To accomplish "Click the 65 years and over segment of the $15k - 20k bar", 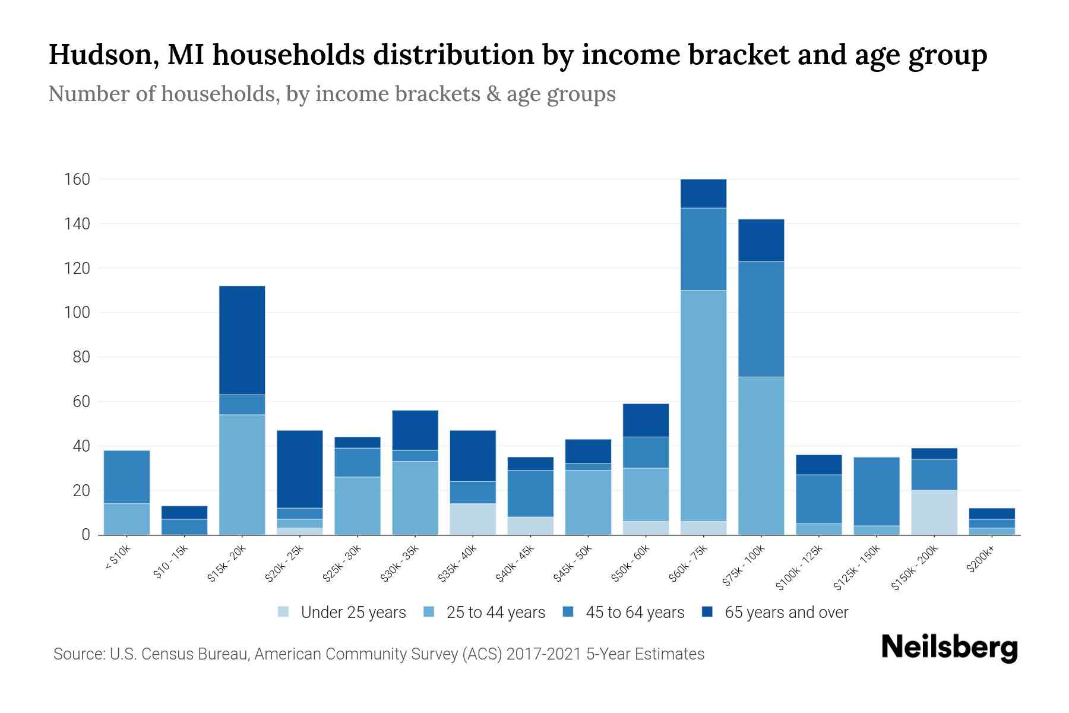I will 242,340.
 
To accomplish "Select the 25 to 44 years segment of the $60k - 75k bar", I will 703,405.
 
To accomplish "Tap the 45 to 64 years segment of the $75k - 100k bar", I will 761,319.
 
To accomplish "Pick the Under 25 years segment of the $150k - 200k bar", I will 934,512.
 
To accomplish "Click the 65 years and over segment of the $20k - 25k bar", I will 299,469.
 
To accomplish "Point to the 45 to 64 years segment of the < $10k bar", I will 126,477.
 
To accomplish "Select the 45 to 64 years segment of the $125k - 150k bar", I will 877,491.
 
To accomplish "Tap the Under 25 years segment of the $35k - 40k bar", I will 473,519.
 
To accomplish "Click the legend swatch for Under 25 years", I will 284,612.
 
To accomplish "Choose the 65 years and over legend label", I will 786,613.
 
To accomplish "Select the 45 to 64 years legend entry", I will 635,613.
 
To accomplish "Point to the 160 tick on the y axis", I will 77,179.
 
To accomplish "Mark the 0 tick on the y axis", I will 86,535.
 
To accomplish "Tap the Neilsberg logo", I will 949,648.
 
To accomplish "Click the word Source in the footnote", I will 78,654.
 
